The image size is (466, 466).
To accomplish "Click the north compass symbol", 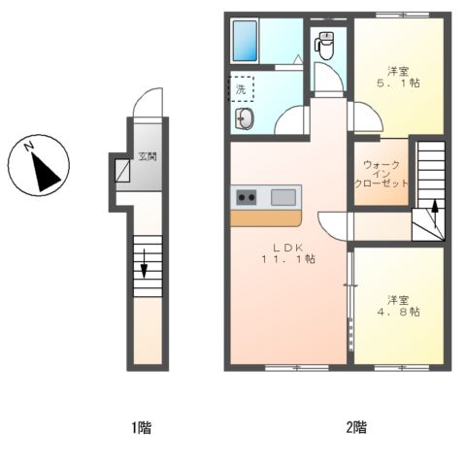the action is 39,165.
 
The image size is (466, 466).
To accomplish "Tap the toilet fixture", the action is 324,46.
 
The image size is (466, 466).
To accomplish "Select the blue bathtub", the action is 245,41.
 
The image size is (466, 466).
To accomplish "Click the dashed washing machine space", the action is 242,89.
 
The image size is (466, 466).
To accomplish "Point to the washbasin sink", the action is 245,118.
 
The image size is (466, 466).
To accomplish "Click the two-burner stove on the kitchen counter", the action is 247,197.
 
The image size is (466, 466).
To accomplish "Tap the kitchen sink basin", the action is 283,197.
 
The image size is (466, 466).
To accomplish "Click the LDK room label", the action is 288,248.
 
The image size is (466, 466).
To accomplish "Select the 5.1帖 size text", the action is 398,83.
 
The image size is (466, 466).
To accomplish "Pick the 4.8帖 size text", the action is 398,312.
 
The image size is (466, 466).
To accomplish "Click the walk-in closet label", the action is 382,174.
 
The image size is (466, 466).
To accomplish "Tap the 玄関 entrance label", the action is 148,156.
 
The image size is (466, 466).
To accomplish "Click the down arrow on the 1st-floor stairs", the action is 144,263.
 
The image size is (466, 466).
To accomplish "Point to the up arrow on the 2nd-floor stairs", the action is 435,213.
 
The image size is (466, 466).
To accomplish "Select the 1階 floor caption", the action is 141,427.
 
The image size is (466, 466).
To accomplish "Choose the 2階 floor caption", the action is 356,427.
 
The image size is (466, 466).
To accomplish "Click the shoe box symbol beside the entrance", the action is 122,170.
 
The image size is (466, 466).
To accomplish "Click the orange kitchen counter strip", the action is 266,218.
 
